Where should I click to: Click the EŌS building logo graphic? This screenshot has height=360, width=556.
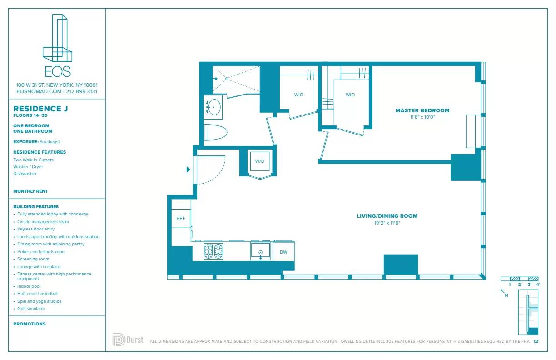click(x=57, y=39)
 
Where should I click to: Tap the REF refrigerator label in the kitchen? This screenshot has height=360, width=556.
click(x=181, y=219)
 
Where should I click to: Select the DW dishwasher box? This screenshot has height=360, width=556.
click(x=283, y=252)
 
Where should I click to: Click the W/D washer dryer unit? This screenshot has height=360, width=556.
click(x=260, y=161)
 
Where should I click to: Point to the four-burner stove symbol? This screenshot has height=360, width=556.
click(x=213, y=251)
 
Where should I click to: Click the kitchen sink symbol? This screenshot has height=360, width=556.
click(x=261, y=252)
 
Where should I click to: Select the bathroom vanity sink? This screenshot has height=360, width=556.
click(x=213, y=107)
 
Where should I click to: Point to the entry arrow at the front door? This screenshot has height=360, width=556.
click(x=189, y=170)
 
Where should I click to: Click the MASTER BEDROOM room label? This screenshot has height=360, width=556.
click(x=422, y=110)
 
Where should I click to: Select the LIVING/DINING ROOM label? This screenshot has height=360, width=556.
click(x=387, y=216)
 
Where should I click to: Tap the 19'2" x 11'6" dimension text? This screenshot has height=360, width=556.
click(x=387, y=223)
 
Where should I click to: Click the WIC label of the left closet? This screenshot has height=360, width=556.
click(x=298, y=95)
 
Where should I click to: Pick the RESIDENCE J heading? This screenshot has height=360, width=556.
click(x=37, y=109)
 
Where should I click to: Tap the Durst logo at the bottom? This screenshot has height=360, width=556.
click(x=128, y=340)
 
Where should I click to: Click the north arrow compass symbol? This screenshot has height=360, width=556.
click(x=504, y=293)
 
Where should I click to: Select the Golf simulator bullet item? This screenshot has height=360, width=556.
click(x=31, y=309)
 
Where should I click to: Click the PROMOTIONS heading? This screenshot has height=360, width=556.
click(x=30, y=324)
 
